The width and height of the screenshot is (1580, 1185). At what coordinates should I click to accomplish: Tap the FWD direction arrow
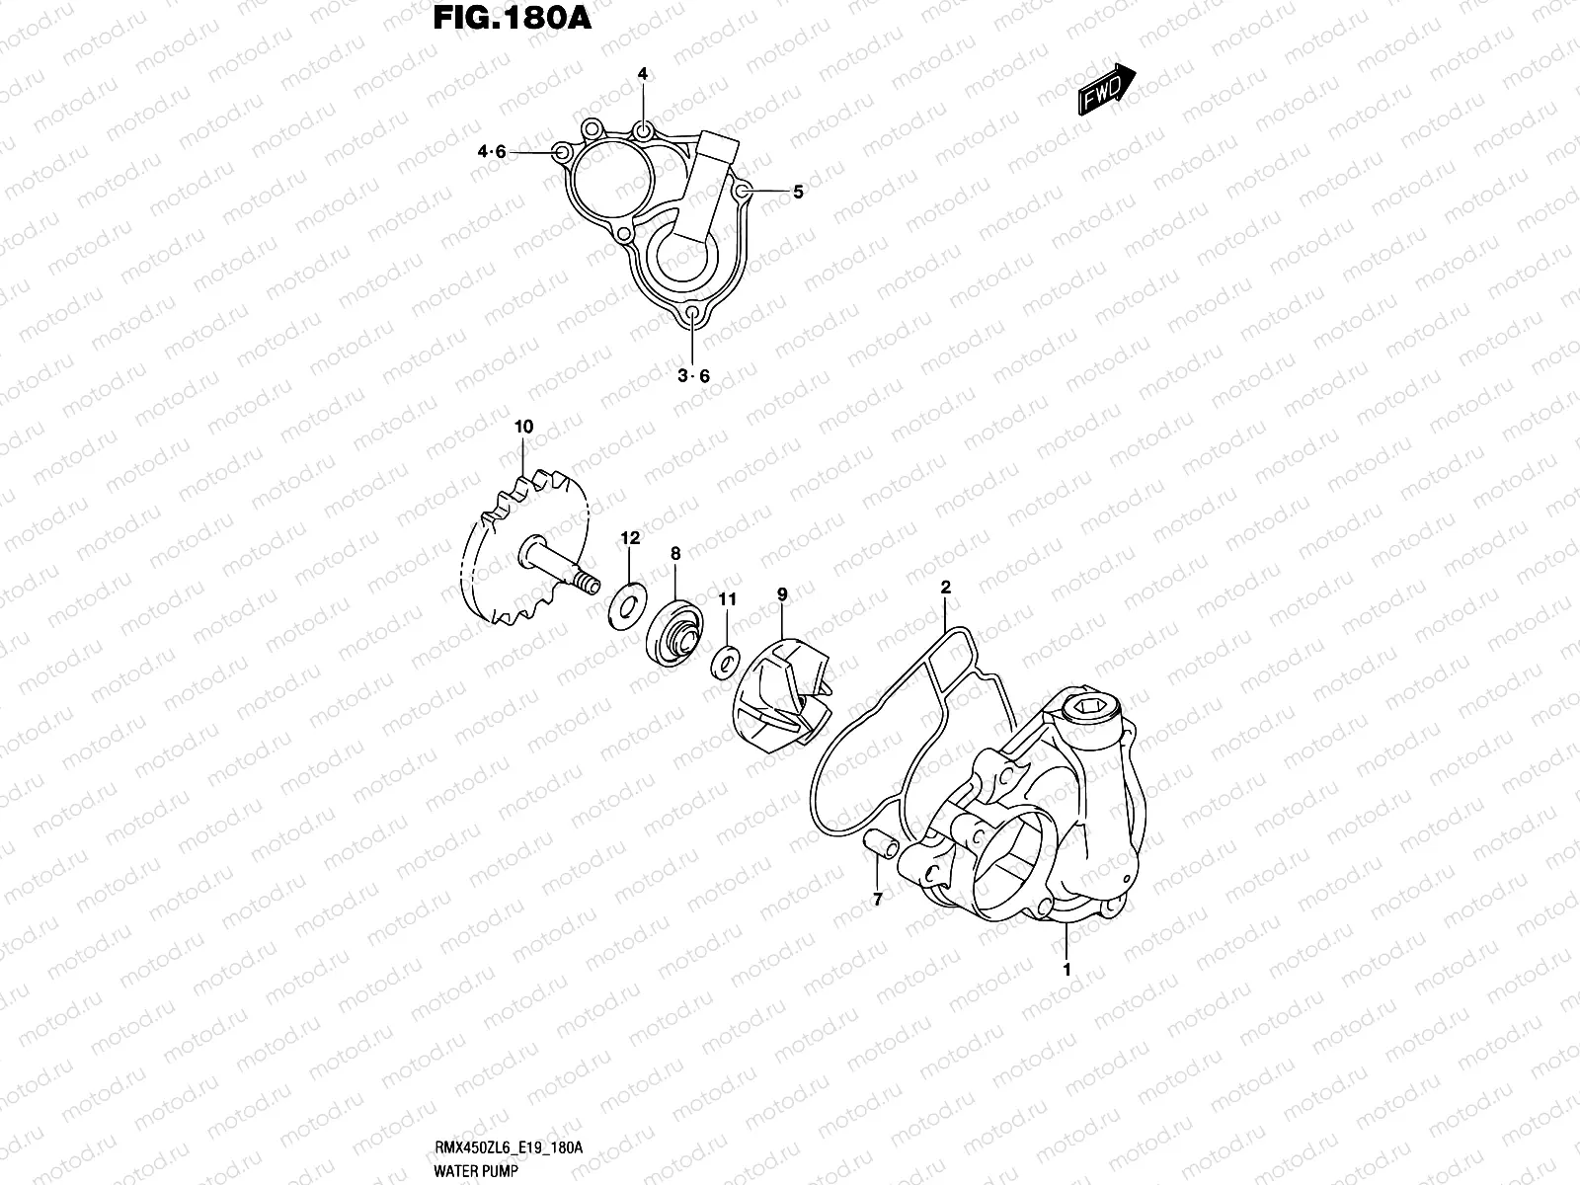(1104, 90)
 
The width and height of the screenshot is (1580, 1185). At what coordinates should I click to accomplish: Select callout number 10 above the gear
(523, 427)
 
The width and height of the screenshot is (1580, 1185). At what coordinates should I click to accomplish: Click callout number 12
(630, 538)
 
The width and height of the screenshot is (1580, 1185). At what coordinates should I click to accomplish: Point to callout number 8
(675, 555)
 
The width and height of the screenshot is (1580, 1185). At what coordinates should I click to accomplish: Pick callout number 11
(727, 599)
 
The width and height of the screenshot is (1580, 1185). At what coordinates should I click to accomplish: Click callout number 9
(782, 594)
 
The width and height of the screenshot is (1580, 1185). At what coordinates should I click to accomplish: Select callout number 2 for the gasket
(945, 587)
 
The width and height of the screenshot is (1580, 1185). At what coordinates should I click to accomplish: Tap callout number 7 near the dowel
(876, 898)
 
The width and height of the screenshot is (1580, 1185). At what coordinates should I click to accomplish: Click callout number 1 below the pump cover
(1066, 970)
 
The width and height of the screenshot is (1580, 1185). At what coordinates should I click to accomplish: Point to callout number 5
(798, 193)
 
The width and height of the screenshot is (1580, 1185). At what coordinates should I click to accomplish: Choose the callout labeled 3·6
(693, 376)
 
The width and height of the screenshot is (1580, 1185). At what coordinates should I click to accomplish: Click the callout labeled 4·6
(492, 152)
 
